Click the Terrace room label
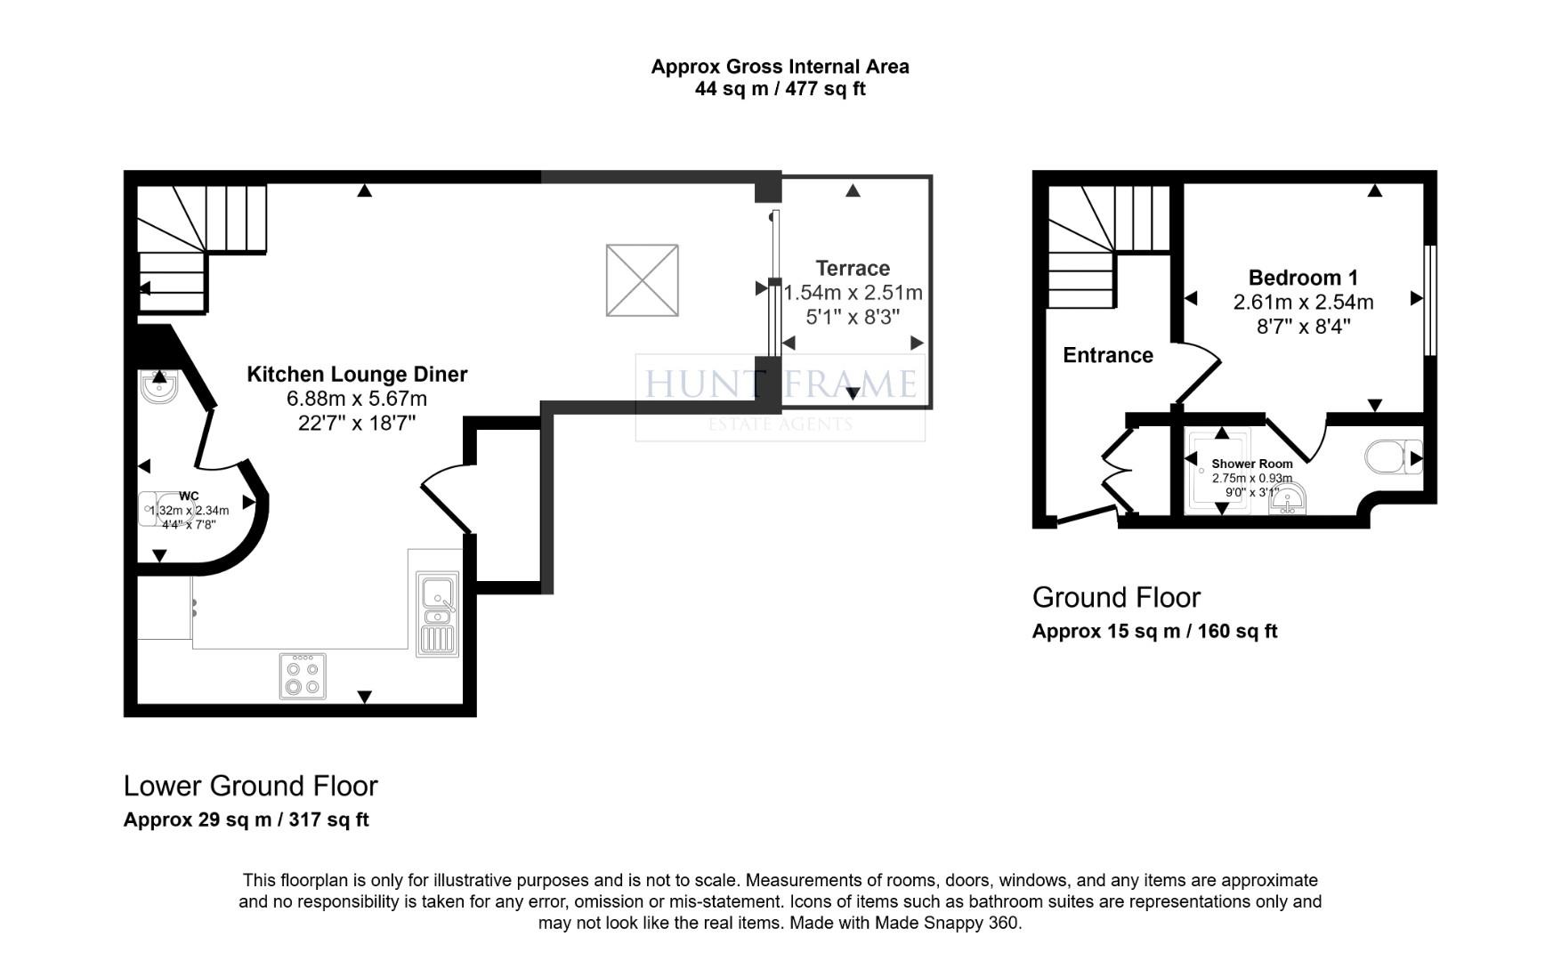(x=853, y=268)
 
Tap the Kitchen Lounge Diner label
(x=357, y=375)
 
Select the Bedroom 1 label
(x=1303, y=278)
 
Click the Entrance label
(x=1108, y=355)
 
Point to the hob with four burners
(x=303, y=676)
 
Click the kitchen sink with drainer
(x=438, y=614)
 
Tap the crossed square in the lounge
(x=642, y=280)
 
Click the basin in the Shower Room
(x=1288, y=501)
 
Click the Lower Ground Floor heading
(x=250, y=786)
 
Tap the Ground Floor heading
(x=1116, y=597)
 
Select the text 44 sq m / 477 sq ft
(x=780, y=89)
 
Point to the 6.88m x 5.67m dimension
(x=357, y=399)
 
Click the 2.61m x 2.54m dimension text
(x=1303, y=303)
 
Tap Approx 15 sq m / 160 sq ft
(x=1154, y=632)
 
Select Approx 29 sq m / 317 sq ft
(x=246, y=820)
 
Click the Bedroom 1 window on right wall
(x=1430, y=300)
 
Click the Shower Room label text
(x=1251, y=464)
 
